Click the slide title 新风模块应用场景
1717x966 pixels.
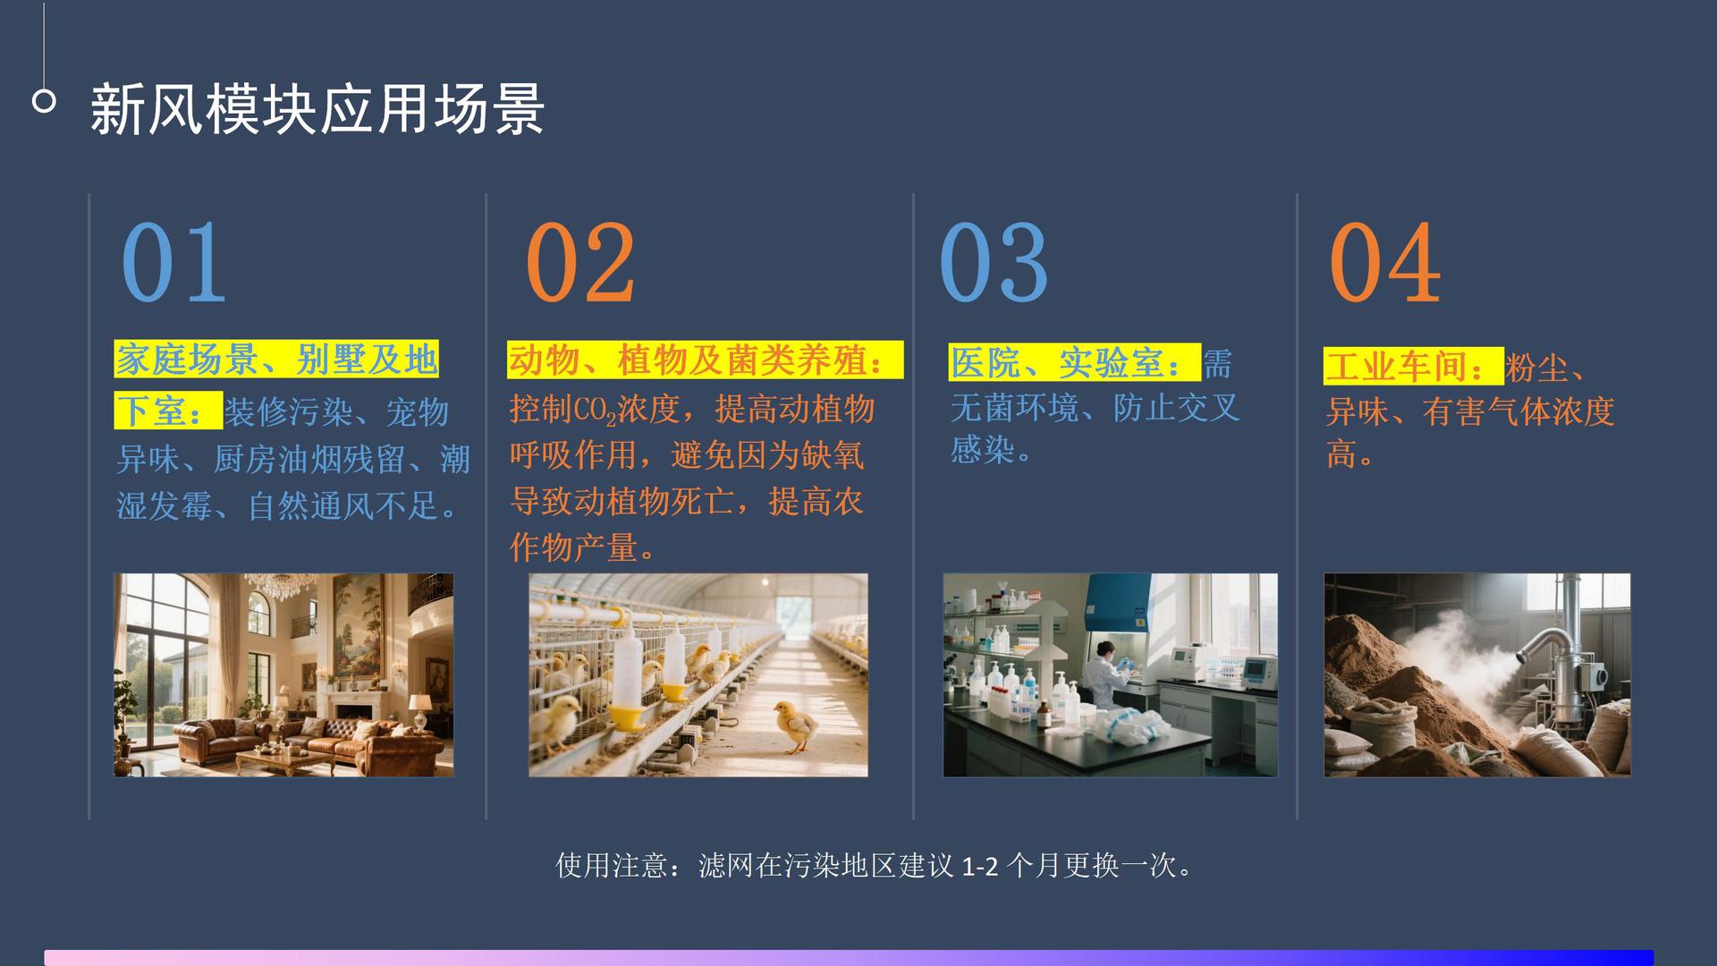(x=317, y=109)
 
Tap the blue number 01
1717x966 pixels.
(x=173, y=262)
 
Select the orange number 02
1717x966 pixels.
(x=579, y=262)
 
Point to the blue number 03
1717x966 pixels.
(x=993, y=262)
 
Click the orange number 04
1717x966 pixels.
(x=1383, y=262)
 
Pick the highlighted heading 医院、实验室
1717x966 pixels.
(x=1073, y=363)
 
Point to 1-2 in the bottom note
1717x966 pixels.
(x=979, y=866)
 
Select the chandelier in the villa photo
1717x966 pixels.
(x=277, y=586)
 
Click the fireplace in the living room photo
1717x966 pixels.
(x=353, y=707)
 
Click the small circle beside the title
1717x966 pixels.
(x=44, y=101)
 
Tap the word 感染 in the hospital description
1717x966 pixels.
(x=982, y=449)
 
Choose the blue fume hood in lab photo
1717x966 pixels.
(x=1118, y=604)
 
